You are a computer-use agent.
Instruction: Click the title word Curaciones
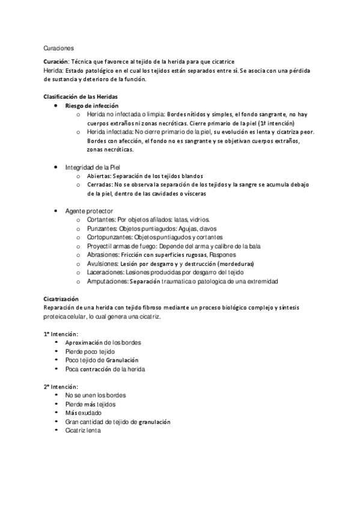tap(58, 48)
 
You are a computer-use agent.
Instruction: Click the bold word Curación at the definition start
tap(56, 62)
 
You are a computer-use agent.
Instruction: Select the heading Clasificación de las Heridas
tap(80, 97)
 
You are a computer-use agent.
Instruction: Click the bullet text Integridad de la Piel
tap(93, 167)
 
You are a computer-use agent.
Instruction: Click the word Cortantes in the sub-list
tap(100, 220)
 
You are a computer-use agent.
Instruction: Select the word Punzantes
tap(101, 229)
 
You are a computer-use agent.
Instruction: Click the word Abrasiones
tap(102, 255)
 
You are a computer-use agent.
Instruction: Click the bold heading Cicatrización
tap(61, 299)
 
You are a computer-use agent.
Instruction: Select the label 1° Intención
tap(61, 334)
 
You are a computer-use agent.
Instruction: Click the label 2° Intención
tap(61, 386)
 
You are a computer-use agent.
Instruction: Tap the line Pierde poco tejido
tap(90, 351)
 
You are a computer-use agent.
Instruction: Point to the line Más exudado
tap(84, 413)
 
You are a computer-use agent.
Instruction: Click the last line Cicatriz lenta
tap(84, 430)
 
